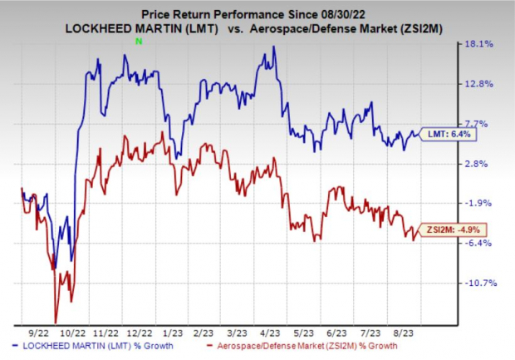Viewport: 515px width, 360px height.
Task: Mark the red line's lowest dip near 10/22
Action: (56, 322)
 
